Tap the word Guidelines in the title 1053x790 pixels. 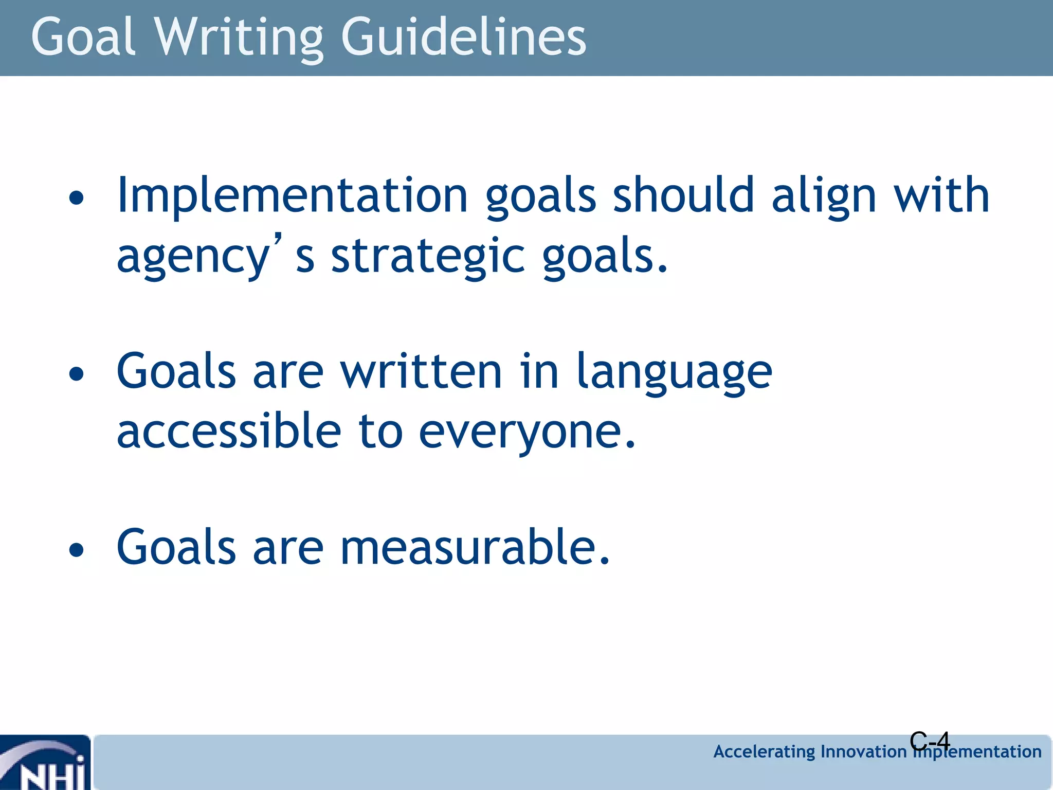pyautogui.click(x=463, y=37)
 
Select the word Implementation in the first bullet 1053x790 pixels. pyautogui.click(x=292, y=195)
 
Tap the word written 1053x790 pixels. pyautogui.click(x=421, y=371)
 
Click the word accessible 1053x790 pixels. pyautogui.click(x=229, y=431)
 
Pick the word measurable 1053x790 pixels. pyautogui.click(x=475, y=547)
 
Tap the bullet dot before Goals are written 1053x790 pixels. pyautogui.click(x=76, y=374)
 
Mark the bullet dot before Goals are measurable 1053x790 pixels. pyautogui.click(x=76, y=550)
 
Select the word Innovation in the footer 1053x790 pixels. pyautogui.click(x=864, y=752)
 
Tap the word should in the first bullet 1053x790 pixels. pyautogui.click(x=683, y=195)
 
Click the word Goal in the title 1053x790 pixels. pyautogui.click(x=83, y=37)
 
